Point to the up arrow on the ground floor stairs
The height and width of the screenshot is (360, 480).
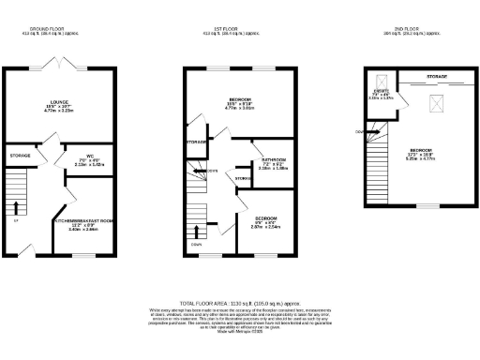(16, 206)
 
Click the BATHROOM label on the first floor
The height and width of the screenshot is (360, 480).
(261, 159)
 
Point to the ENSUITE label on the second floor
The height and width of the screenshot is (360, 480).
(381, 93)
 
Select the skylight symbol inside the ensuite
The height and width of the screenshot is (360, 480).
(380, 81)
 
